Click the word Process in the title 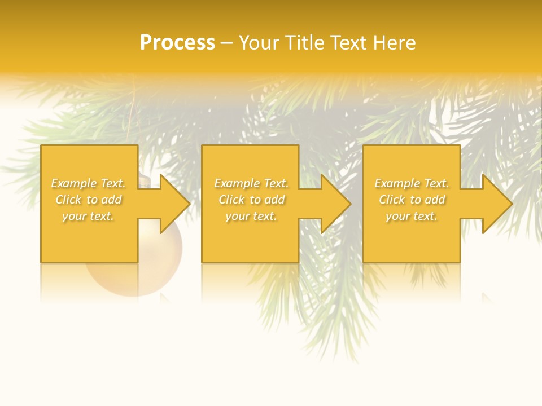[x=177, y=42]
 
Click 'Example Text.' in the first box [x=88, y=183]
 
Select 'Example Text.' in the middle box [x=251, y=183]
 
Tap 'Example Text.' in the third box [x=412, y=183]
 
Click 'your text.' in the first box [x=88, y=216]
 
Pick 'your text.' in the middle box [x=251, y=216]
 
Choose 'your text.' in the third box [x=412, y=216]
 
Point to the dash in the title [x=227, y=43]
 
